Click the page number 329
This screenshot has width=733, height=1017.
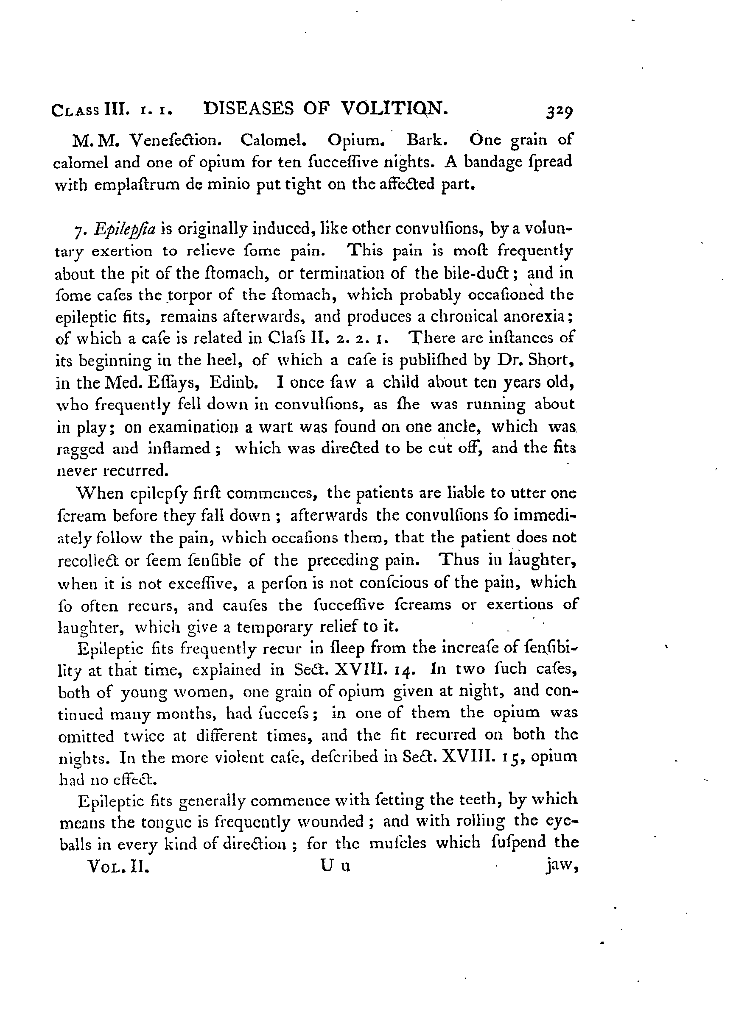pos(559,111)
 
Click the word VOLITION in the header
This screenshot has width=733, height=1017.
pos(394,108)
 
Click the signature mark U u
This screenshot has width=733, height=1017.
pos(335,866)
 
